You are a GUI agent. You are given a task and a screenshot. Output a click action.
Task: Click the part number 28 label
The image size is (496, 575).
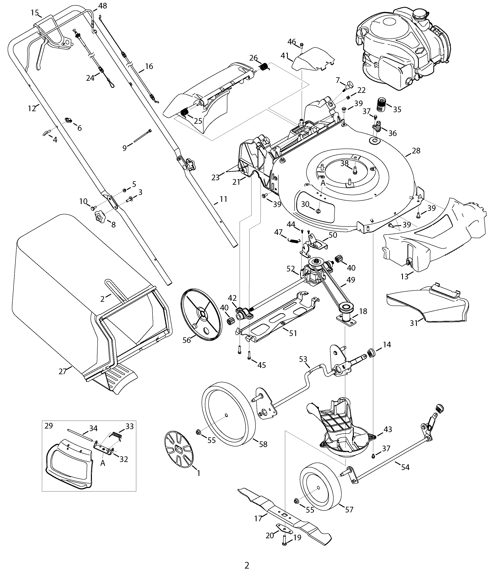[x=416, y=151]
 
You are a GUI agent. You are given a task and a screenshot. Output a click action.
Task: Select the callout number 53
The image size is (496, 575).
[x=303, y=359]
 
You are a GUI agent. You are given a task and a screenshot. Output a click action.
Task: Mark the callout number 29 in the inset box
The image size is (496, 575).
[x=49, y=426]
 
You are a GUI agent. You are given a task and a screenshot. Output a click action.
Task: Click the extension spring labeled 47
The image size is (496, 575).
[x=293, y=240]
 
